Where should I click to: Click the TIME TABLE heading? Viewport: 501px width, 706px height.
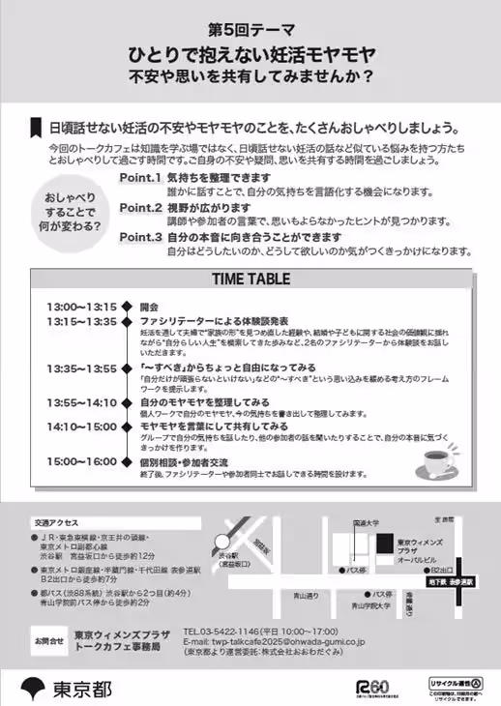pyautogui.click(x=250, y=279)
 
